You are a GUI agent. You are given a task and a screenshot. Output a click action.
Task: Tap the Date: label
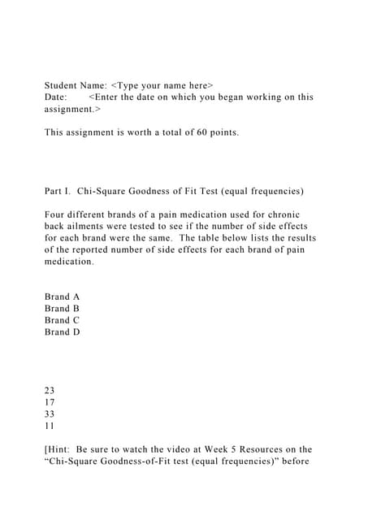tap(57, 97)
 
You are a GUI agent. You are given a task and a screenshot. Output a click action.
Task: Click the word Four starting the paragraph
tap(56, 214)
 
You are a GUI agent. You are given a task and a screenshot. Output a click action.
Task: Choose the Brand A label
tap(63, 297)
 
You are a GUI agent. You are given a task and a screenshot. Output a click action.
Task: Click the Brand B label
tap(63, 309)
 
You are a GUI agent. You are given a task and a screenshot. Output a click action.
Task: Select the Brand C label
tap(63, 320)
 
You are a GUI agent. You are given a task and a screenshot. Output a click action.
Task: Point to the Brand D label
tap(63, 331)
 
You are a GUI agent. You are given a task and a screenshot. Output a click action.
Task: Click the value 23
tap(50, 391)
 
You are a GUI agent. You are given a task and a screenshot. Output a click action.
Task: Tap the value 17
tap(50, 402)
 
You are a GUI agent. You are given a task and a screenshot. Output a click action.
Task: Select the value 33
tap(50, 414)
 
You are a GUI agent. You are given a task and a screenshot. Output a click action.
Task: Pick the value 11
tap(50, 425)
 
